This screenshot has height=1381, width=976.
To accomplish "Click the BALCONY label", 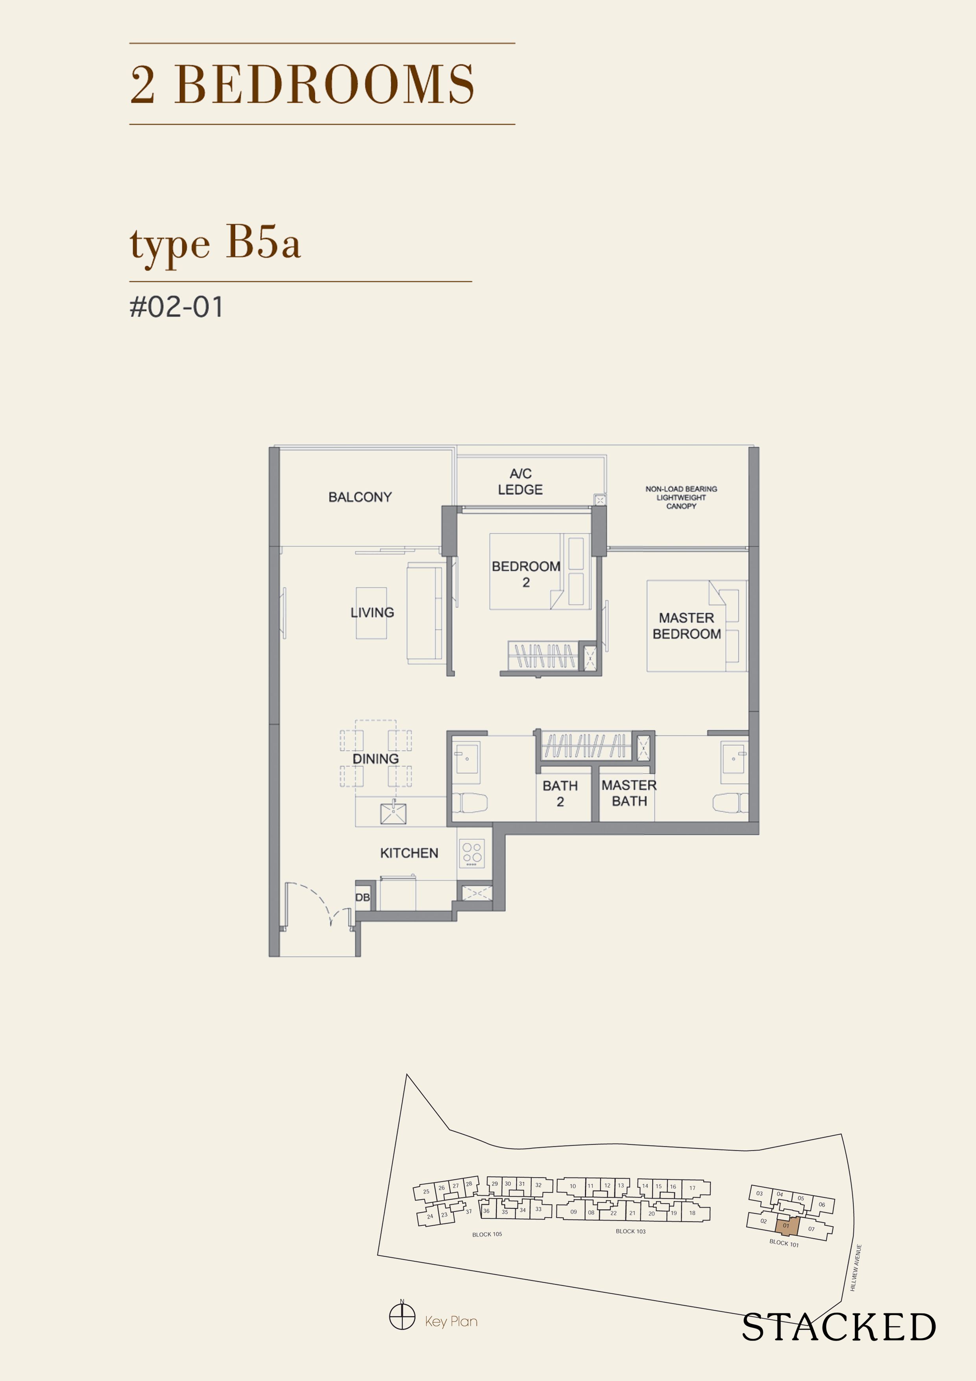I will tap(360, 497).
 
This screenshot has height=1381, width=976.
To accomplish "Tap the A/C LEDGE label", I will tap(520, 482).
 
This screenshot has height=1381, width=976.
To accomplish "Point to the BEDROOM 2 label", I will tap(526, 574).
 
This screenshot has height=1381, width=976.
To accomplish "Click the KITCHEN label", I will tap(409, 853).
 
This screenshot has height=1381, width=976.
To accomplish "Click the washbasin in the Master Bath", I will tap(733, 759).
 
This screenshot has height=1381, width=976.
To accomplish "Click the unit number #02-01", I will tap(176, 307).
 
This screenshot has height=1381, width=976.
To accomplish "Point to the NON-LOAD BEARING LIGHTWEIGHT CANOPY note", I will tap(681, 498).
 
